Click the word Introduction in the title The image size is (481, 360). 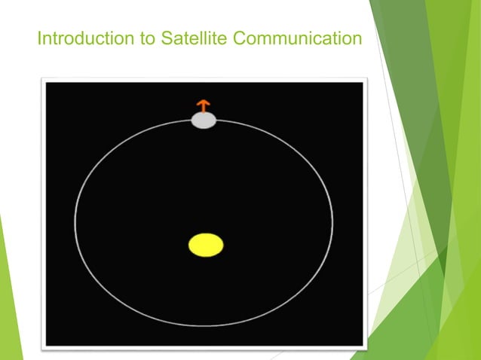click(x=80, y=38)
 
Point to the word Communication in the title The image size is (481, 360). click(x=297, y=38)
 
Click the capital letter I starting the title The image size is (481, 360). click(x=40, y=38)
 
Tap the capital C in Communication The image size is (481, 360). click(x=240, y=38)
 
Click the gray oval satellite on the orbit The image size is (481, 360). click(x=204, y=120)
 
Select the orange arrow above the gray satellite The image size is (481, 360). click(x=203, y=105)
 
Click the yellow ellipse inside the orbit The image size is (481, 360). click(x=205, y=246)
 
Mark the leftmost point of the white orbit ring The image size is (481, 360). click(x=75, y=222)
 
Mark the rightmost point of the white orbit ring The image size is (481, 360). click(x=332, y=222)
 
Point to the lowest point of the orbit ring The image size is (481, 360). click(x=204, y=326)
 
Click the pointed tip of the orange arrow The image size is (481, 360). click(x=203, y=99)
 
